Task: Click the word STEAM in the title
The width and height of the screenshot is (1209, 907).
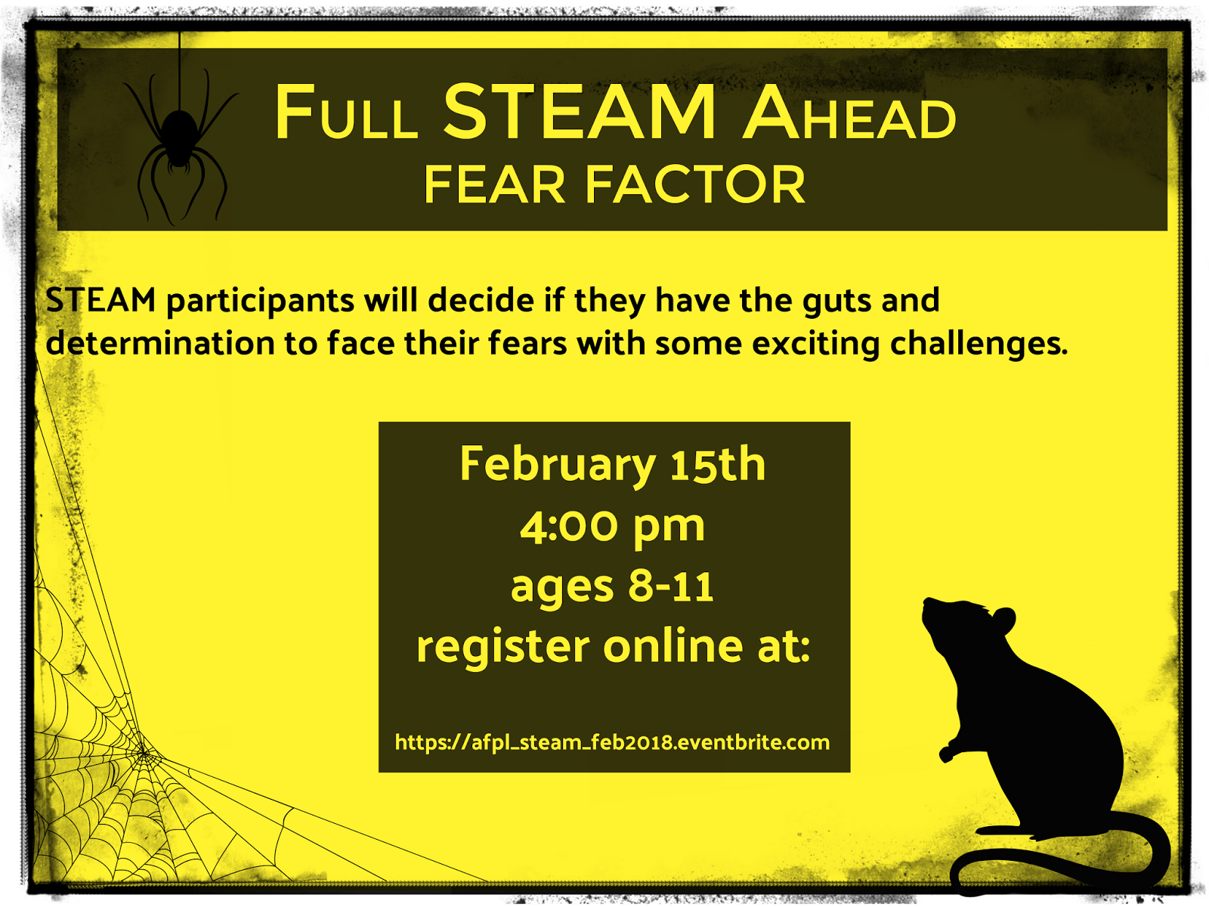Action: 580,112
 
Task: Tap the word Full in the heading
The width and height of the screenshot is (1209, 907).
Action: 346,113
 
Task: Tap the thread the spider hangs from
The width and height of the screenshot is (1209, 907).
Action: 180,70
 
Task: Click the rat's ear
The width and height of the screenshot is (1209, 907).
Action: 1003,620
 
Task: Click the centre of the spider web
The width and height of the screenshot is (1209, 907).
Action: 144,753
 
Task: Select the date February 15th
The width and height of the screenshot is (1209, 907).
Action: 613,465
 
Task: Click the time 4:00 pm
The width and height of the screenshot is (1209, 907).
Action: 612,527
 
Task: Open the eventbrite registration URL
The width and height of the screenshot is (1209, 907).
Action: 612,742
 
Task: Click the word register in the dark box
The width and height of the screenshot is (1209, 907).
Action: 503,646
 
